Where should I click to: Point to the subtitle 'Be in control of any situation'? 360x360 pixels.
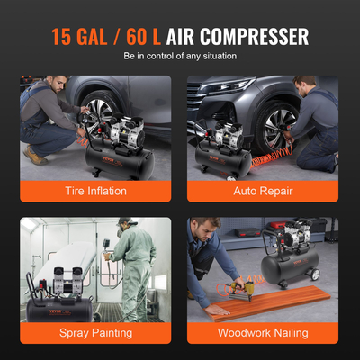point(180,57)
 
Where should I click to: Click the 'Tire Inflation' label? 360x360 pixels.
point(96,190)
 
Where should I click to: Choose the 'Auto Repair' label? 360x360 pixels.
point(263,190)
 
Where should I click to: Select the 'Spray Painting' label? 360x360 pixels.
point(96,332)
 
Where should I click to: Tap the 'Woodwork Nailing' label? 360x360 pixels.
point(263,332)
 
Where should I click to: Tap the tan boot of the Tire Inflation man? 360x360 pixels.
point(34,157)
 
